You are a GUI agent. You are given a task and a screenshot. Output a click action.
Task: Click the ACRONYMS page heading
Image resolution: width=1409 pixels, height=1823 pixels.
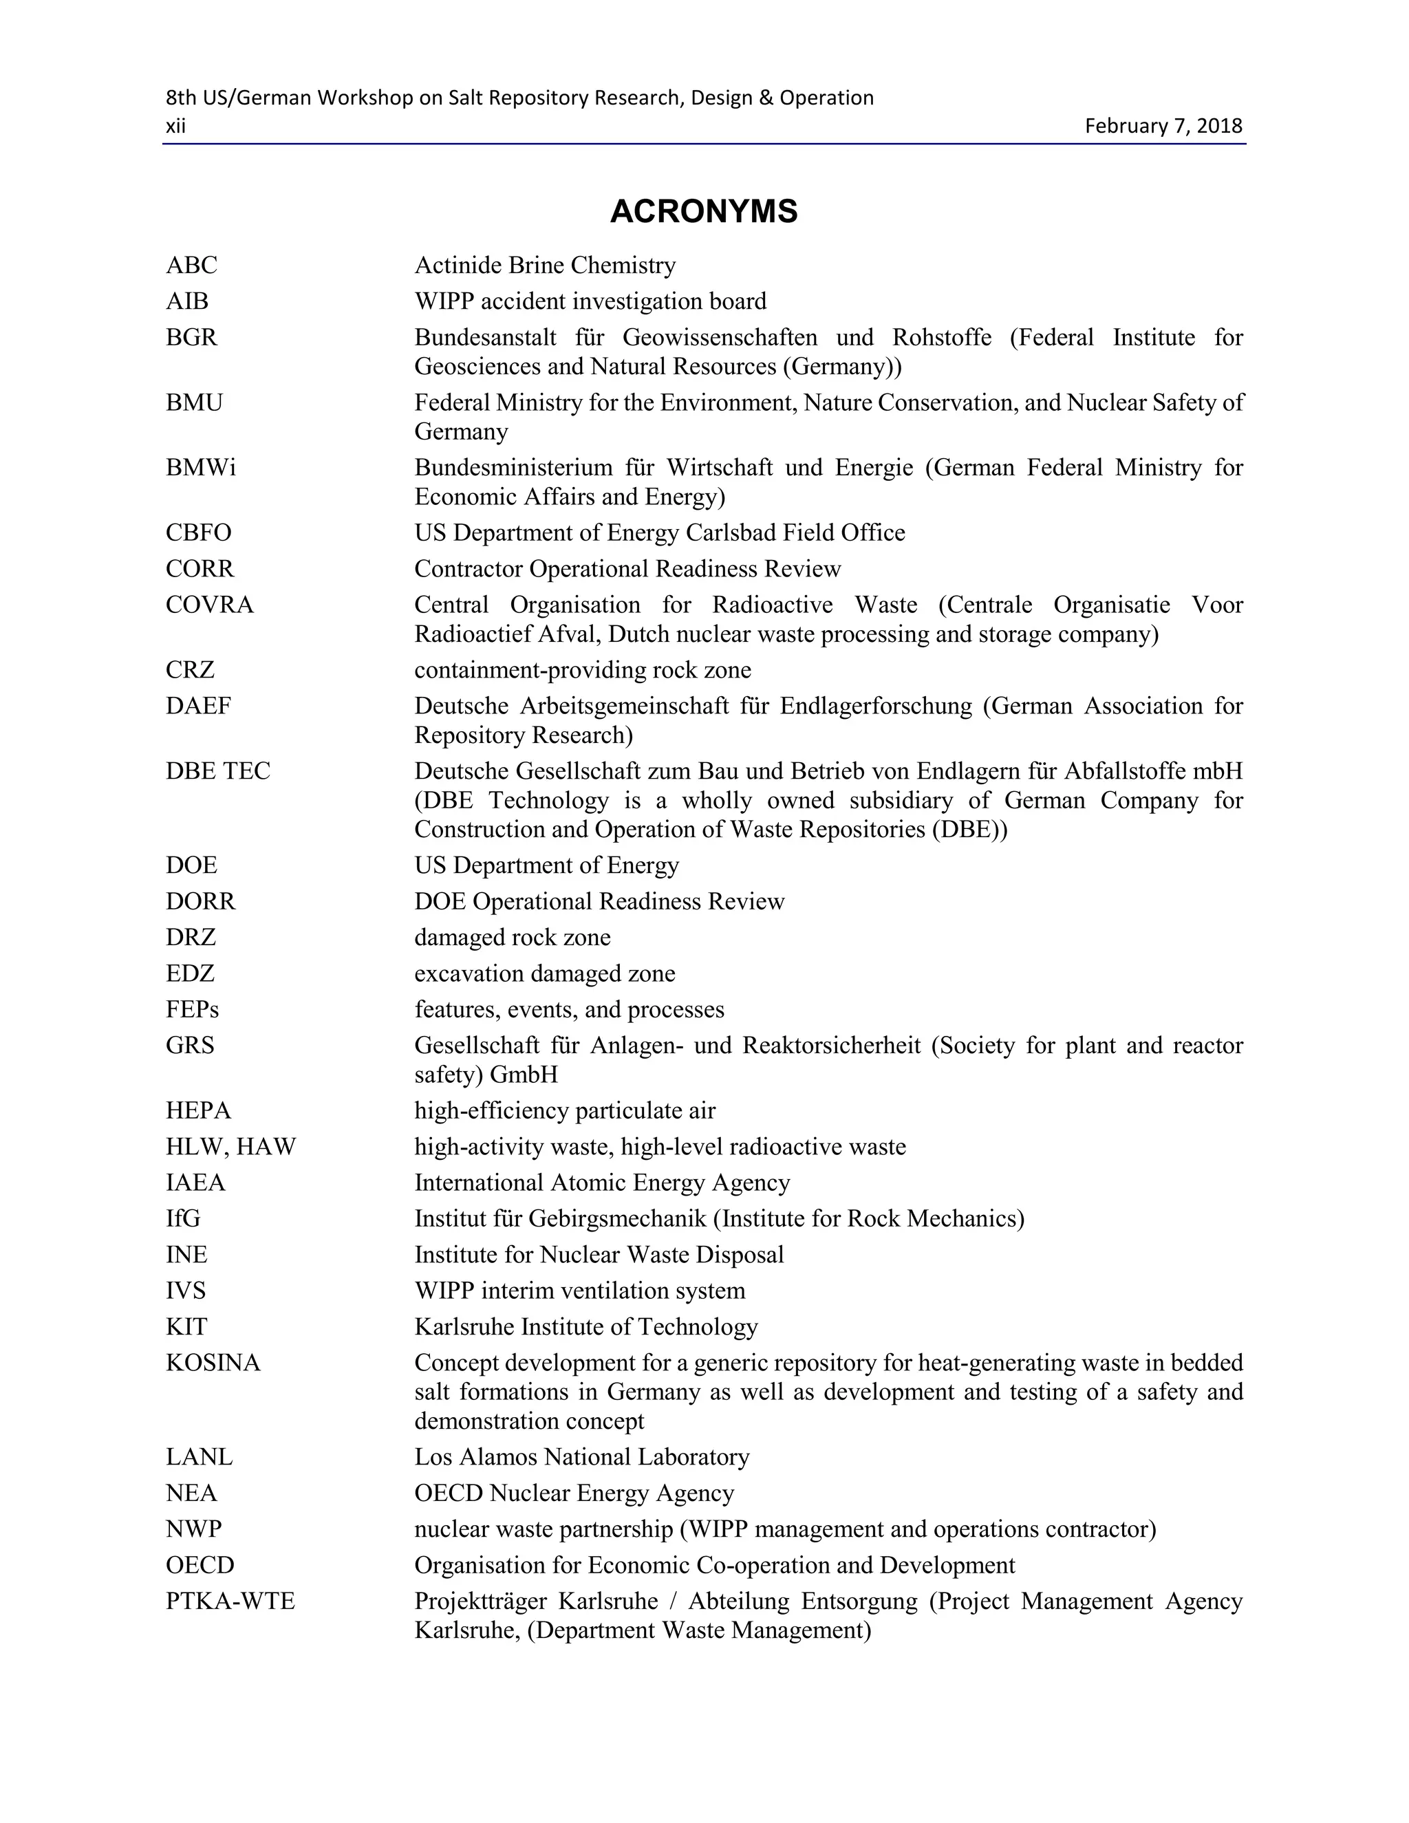(x=704, y=211)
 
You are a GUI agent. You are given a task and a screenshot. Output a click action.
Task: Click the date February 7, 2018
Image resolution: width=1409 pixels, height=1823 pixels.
(x=1163, y=126)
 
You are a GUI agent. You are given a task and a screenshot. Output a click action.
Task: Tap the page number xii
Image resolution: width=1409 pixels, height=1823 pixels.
(x=175, y=126)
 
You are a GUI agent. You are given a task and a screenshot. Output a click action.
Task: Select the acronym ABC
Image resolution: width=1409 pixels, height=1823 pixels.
(x=191, y=266)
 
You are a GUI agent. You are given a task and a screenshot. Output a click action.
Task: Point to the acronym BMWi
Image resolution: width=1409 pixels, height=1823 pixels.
(x=200, y=467)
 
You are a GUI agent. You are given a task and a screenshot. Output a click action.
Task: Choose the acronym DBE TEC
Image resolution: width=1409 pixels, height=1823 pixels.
(x=218, y=770)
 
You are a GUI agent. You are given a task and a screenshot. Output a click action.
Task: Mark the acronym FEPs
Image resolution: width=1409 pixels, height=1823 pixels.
(x=192, y=1009)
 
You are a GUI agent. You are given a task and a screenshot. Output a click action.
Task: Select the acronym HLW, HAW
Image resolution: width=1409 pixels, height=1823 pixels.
(x=230, y=1146)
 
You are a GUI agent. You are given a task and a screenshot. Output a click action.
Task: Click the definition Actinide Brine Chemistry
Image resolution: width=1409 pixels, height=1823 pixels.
(x=545, y=266)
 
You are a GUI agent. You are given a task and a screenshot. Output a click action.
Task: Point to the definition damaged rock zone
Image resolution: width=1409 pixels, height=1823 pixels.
(x=513, y=938)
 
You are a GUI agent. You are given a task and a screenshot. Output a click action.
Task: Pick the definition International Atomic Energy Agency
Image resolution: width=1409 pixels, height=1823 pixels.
(x=602, y=1182)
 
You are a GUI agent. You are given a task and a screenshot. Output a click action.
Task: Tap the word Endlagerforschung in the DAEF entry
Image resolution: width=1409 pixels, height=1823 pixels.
(x=876, y=706)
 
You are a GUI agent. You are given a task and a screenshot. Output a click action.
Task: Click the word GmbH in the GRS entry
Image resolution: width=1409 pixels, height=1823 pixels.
(x=524, y=1075)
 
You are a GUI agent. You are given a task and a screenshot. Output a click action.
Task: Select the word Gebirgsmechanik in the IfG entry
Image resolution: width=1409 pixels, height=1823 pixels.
(x=617, y=1219)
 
